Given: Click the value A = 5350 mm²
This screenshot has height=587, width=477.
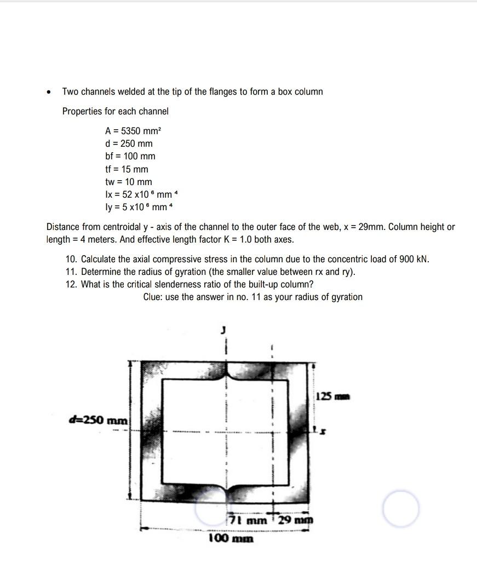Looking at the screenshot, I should (x=133, y=131).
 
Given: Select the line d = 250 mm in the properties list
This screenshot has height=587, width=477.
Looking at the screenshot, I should (x=129, y=143).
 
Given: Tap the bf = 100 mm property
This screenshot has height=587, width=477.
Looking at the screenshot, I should (x=130, y=156).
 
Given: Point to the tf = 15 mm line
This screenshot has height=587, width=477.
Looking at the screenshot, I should (x=127, y=169).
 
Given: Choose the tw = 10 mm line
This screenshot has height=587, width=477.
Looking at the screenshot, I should (x=128, y=182).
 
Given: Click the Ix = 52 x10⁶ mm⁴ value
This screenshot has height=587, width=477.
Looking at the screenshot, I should (x=141, y=194).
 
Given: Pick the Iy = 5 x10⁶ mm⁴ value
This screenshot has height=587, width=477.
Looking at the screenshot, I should (x=139, y=207).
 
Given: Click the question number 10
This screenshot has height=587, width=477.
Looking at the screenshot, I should (x=71, y=259).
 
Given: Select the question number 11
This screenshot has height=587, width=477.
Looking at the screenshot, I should (x=71, y=272).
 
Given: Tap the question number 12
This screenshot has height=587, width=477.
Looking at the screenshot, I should (x=71, y=284).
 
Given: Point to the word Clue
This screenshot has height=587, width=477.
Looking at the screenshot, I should (x=153, y=297).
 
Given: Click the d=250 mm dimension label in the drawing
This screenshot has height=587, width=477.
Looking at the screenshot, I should (x=98, y=421).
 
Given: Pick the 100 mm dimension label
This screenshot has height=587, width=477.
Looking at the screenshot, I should (x=231, y=538).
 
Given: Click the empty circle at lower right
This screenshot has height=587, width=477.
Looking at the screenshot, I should (x=401, y=509).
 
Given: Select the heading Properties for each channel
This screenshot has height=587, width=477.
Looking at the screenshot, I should (x=116, y=111).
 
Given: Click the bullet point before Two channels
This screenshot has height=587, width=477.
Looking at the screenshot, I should (x=49, y=92).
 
